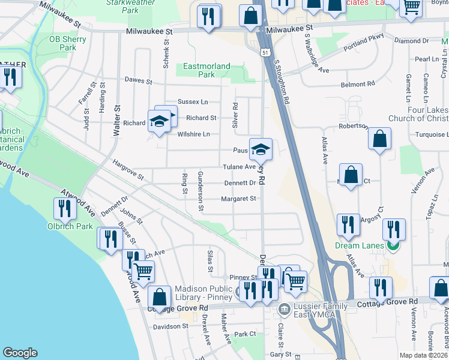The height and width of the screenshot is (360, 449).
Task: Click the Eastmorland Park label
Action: pyautogui.click(x=206, y=70)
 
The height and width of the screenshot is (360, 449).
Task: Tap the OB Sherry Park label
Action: pyautogui.click(x=68, y=43)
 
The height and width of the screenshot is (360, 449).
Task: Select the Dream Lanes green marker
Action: pyautogui.click(x=394, y=244)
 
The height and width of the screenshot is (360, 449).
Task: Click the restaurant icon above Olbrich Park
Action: pyautogui.click(x=64, y=208)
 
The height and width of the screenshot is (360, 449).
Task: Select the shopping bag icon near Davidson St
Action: pyautogui.click(x=160, y=296)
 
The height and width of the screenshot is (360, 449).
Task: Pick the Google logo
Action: pyautogui.click(x=20, y=353)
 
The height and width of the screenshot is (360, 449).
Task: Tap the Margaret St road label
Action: pyautogui.click(x=238, y=199)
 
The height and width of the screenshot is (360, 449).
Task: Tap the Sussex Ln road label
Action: pyautogui.click(x=192, y=103)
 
